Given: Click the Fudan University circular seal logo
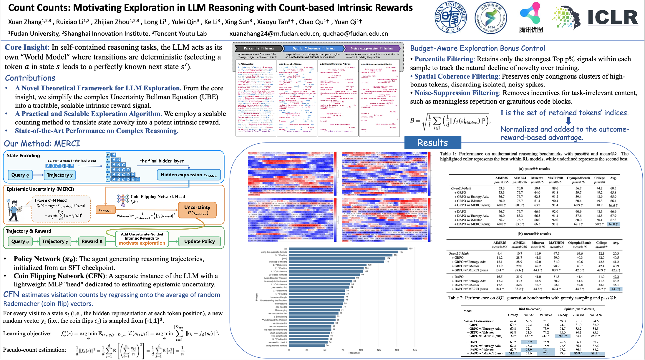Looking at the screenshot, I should point(450,17).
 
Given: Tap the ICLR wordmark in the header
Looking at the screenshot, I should point(613,18).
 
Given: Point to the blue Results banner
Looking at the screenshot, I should point(432,143).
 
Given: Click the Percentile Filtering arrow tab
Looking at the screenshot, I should point(258,48).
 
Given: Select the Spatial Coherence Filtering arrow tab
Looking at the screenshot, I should point(313,48).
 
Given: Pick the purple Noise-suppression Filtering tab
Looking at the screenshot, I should point(371,48).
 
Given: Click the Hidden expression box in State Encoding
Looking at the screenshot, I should point(189,175).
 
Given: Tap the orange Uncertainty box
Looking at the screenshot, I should point(197,210).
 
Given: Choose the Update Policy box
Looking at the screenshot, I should point(199,241).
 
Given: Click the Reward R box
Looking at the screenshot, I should point(92,241).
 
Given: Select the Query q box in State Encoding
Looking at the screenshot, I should point(20,175).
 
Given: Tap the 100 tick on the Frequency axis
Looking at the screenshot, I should point(361,350).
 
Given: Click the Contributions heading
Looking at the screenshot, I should point(30,78).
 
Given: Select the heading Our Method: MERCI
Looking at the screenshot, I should point(42,144).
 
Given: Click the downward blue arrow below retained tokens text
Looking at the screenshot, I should point(568,121).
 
